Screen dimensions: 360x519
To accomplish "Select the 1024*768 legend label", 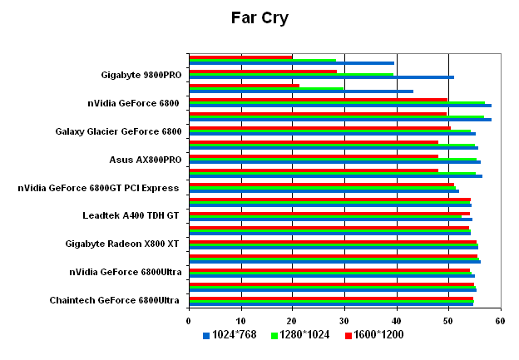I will pyautogui.click(x=235, y=335).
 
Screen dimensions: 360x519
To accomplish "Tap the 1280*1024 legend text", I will pyautogui.click(x=305, y=335).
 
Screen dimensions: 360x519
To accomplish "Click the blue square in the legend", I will pyautogui.click(x=206, y=335).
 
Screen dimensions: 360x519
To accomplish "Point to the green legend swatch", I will pyautogui.click(x=274, y=335).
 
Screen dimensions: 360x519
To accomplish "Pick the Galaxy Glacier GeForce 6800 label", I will pyautogui.click(x=118, y=131).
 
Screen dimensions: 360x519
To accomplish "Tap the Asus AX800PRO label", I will pyautogui.click(x=146, y=160).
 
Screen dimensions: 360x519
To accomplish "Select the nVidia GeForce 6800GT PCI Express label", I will pyautogui.click(x=98, y=188).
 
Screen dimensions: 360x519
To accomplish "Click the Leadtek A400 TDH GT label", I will pyautogui.click(x=131, y=215).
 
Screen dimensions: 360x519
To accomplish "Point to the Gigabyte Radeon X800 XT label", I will pyautogui.click(x=123, y=244).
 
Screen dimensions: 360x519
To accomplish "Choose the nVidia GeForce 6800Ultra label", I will pyautogui.click(x=126, y=272).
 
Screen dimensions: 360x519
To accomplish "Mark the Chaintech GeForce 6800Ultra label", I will pyautogui.click(x=115, y=300).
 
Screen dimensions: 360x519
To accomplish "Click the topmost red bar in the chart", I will pyautogui.click(x=240, y=57).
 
